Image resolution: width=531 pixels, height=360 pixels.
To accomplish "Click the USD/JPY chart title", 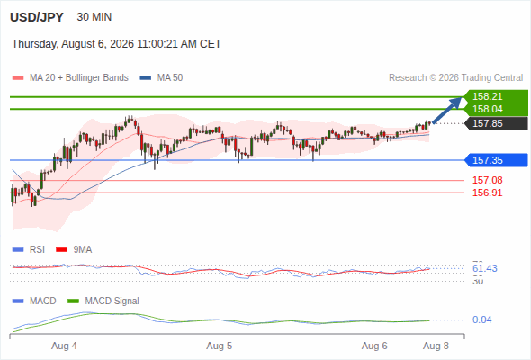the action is point(37,17).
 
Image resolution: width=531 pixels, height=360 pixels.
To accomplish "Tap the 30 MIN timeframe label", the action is point(94,17).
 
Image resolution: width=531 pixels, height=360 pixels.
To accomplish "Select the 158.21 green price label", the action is point(487,96).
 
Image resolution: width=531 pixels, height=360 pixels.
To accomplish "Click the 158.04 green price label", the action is point(487,109).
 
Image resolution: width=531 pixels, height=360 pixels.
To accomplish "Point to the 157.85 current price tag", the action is point(487,123).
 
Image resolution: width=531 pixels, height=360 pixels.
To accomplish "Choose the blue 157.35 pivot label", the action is point(487,160).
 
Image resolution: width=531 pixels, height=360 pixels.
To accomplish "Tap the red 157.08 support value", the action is point(487,180).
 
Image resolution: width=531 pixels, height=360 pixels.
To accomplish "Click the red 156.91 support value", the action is point(487,193).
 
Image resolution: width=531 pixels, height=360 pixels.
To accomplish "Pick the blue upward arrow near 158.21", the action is point(446,111).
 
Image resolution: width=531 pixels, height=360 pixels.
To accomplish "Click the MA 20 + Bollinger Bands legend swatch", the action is point(18,78).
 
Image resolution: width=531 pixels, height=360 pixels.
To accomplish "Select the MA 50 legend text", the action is point(170,78).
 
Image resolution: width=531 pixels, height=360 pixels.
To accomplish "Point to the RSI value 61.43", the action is point(485,268).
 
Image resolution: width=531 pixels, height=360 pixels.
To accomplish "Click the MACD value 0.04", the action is point(481,319).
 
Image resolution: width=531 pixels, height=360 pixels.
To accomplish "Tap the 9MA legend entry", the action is point(74,249).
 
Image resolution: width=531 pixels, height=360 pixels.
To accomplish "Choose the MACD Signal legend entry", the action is point(103,301).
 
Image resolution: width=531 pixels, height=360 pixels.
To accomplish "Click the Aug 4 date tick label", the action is point(64,346).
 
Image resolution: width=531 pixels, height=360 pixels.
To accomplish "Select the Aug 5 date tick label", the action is point(219,346).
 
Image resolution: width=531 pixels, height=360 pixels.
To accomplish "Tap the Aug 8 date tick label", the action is point(436,346).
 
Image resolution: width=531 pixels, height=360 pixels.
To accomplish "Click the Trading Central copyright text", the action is point(455,78).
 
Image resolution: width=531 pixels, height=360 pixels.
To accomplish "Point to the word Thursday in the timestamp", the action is point(34,44).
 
